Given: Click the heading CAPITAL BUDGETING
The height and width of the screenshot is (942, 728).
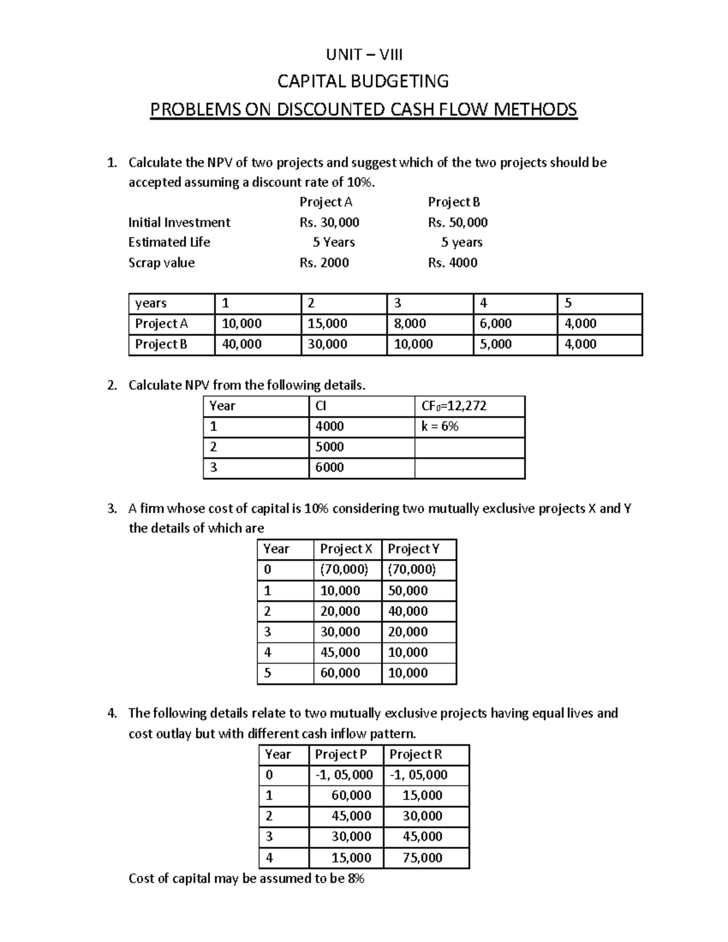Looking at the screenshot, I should point(363,81).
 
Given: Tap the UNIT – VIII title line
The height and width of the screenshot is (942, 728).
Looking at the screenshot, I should point(364,55).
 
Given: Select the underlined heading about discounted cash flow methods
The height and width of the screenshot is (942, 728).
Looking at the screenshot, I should point(363,110).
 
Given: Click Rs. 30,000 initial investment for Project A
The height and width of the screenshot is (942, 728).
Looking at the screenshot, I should point(329,223).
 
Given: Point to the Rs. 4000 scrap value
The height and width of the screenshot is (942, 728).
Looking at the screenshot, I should point(453,263).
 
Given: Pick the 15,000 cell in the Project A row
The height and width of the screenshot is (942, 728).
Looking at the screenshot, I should point(328,324).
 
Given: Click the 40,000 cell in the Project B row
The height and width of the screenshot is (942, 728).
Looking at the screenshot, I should point(242,345).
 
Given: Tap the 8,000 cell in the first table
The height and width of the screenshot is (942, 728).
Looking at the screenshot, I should point(410,324).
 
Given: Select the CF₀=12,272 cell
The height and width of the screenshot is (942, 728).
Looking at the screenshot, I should point(454,406).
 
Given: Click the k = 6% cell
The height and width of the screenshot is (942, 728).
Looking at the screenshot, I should point(440,427).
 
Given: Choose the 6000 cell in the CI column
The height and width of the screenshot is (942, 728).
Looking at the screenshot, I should point(329,468).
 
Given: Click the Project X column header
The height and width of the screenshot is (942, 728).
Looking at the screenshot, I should point(346,550).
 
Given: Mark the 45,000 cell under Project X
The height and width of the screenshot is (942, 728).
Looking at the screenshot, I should point(340,653).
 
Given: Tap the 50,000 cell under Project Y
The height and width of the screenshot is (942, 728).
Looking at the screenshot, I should point(408,591).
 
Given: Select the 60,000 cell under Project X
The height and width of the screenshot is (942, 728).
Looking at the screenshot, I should point(340,673).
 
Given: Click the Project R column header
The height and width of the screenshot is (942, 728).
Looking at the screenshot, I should point(416,755).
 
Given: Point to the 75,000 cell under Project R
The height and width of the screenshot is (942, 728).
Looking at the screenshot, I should point(422,858).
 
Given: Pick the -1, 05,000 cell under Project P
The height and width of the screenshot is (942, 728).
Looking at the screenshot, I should point(344,775).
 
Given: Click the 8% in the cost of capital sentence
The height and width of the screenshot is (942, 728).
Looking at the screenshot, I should point(356,879).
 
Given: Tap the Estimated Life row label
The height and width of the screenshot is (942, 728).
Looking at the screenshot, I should point(169,243).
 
